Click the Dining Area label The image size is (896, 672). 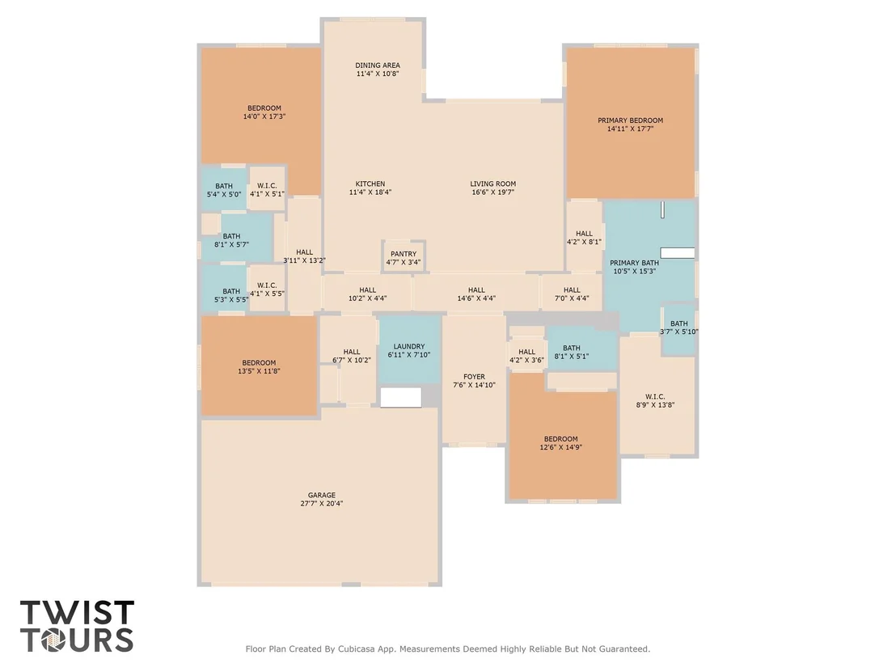tap(377, 66)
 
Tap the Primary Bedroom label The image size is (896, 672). tap(630, 120)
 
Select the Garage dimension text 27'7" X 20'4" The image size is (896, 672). tap(321, 504)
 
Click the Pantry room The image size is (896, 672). tap(404, 256)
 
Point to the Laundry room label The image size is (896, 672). tap(409, 346)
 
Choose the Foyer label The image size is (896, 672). tap(474, 377)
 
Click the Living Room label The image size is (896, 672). tap(493, 184)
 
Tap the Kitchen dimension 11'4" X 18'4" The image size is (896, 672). tap(370, 192)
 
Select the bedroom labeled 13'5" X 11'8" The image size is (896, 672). tap(259, 366)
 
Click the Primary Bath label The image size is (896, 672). tap(634, 263)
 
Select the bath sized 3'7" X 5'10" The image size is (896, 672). tap(678, 329)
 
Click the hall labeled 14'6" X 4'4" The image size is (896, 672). tap(476, 294)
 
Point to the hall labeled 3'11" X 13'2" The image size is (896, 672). tap(304, 255)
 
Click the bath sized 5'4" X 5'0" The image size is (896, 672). tap(223, 188)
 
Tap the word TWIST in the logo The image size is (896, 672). tap(77, 613)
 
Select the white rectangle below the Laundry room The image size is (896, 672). tap(400, 398)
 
